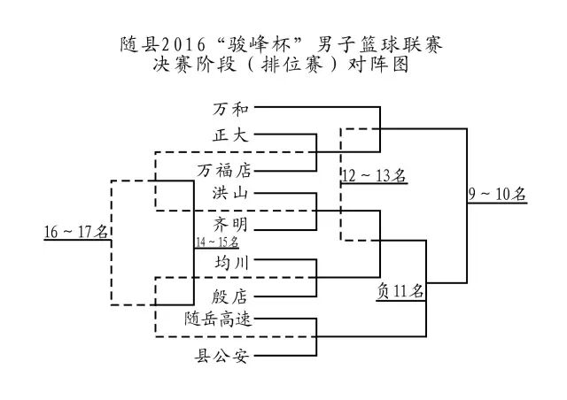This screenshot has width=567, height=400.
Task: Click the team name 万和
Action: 231,110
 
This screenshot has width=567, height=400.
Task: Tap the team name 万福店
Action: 223,168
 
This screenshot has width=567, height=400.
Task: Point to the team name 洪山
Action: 231,192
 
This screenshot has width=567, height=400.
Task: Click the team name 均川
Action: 231,263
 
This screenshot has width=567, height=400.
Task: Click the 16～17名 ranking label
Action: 76,232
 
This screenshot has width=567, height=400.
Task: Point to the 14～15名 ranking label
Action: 216,241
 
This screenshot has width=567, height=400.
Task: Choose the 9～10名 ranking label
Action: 497,193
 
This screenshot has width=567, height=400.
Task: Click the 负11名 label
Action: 400,289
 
